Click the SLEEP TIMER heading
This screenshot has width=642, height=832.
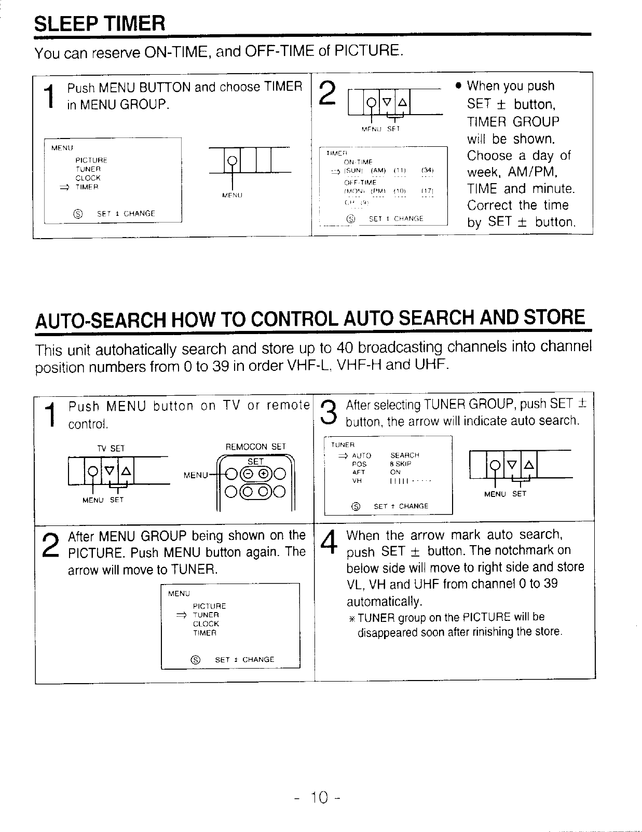100,23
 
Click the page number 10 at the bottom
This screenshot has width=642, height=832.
320,798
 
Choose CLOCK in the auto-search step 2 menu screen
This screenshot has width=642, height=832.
206,623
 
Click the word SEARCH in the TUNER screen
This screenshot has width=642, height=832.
404,455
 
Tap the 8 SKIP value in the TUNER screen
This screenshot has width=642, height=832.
400,464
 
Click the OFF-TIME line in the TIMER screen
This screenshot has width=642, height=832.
360,183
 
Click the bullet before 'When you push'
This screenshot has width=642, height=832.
458,86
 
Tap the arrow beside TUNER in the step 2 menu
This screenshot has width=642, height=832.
182,615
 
